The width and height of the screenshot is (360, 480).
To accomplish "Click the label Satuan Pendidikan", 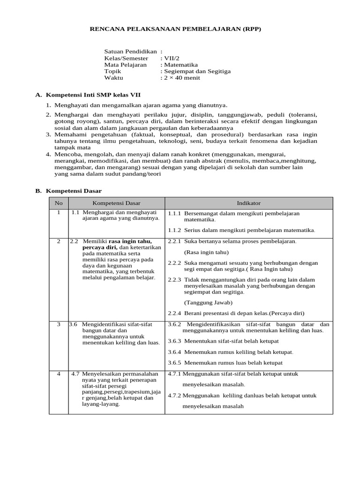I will pos(130,52).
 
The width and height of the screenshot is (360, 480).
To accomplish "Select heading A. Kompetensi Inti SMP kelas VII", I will pos(88,95).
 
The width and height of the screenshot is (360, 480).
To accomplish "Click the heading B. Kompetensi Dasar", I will pos(68,191).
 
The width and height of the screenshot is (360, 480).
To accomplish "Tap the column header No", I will pos(59,203).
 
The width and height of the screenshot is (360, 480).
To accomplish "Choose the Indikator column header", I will pos(249,203).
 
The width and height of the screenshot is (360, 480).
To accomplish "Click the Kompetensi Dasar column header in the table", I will pos(116,203).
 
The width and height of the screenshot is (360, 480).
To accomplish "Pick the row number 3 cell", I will pos(59,324).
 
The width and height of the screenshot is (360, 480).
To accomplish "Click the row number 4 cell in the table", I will pos(59,374).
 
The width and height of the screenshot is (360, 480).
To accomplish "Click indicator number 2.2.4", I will pos(174,313).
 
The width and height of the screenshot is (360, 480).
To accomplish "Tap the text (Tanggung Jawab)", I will pos(204,302).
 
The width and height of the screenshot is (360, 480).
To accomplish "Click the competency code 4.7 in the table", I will pos(75,374).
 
